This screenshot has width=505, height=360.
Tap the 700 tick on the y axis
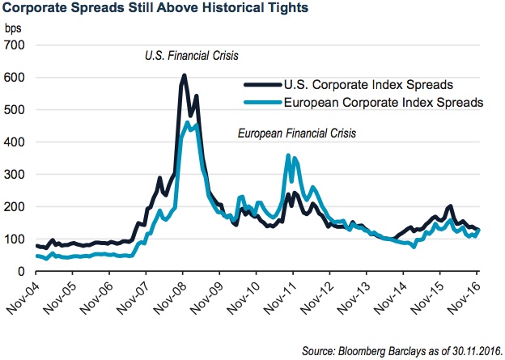pyautogui.click(x=15, y=44)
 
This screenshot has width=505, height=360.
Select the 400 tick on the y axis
pyautogui.click(x=15, y=142)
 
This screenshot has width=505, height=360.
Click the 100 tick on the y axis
pyautogui.click(x=15, y=239)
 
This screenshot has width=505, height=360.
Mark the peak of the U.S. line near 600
pyautogui.click(x=185, y=77)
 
